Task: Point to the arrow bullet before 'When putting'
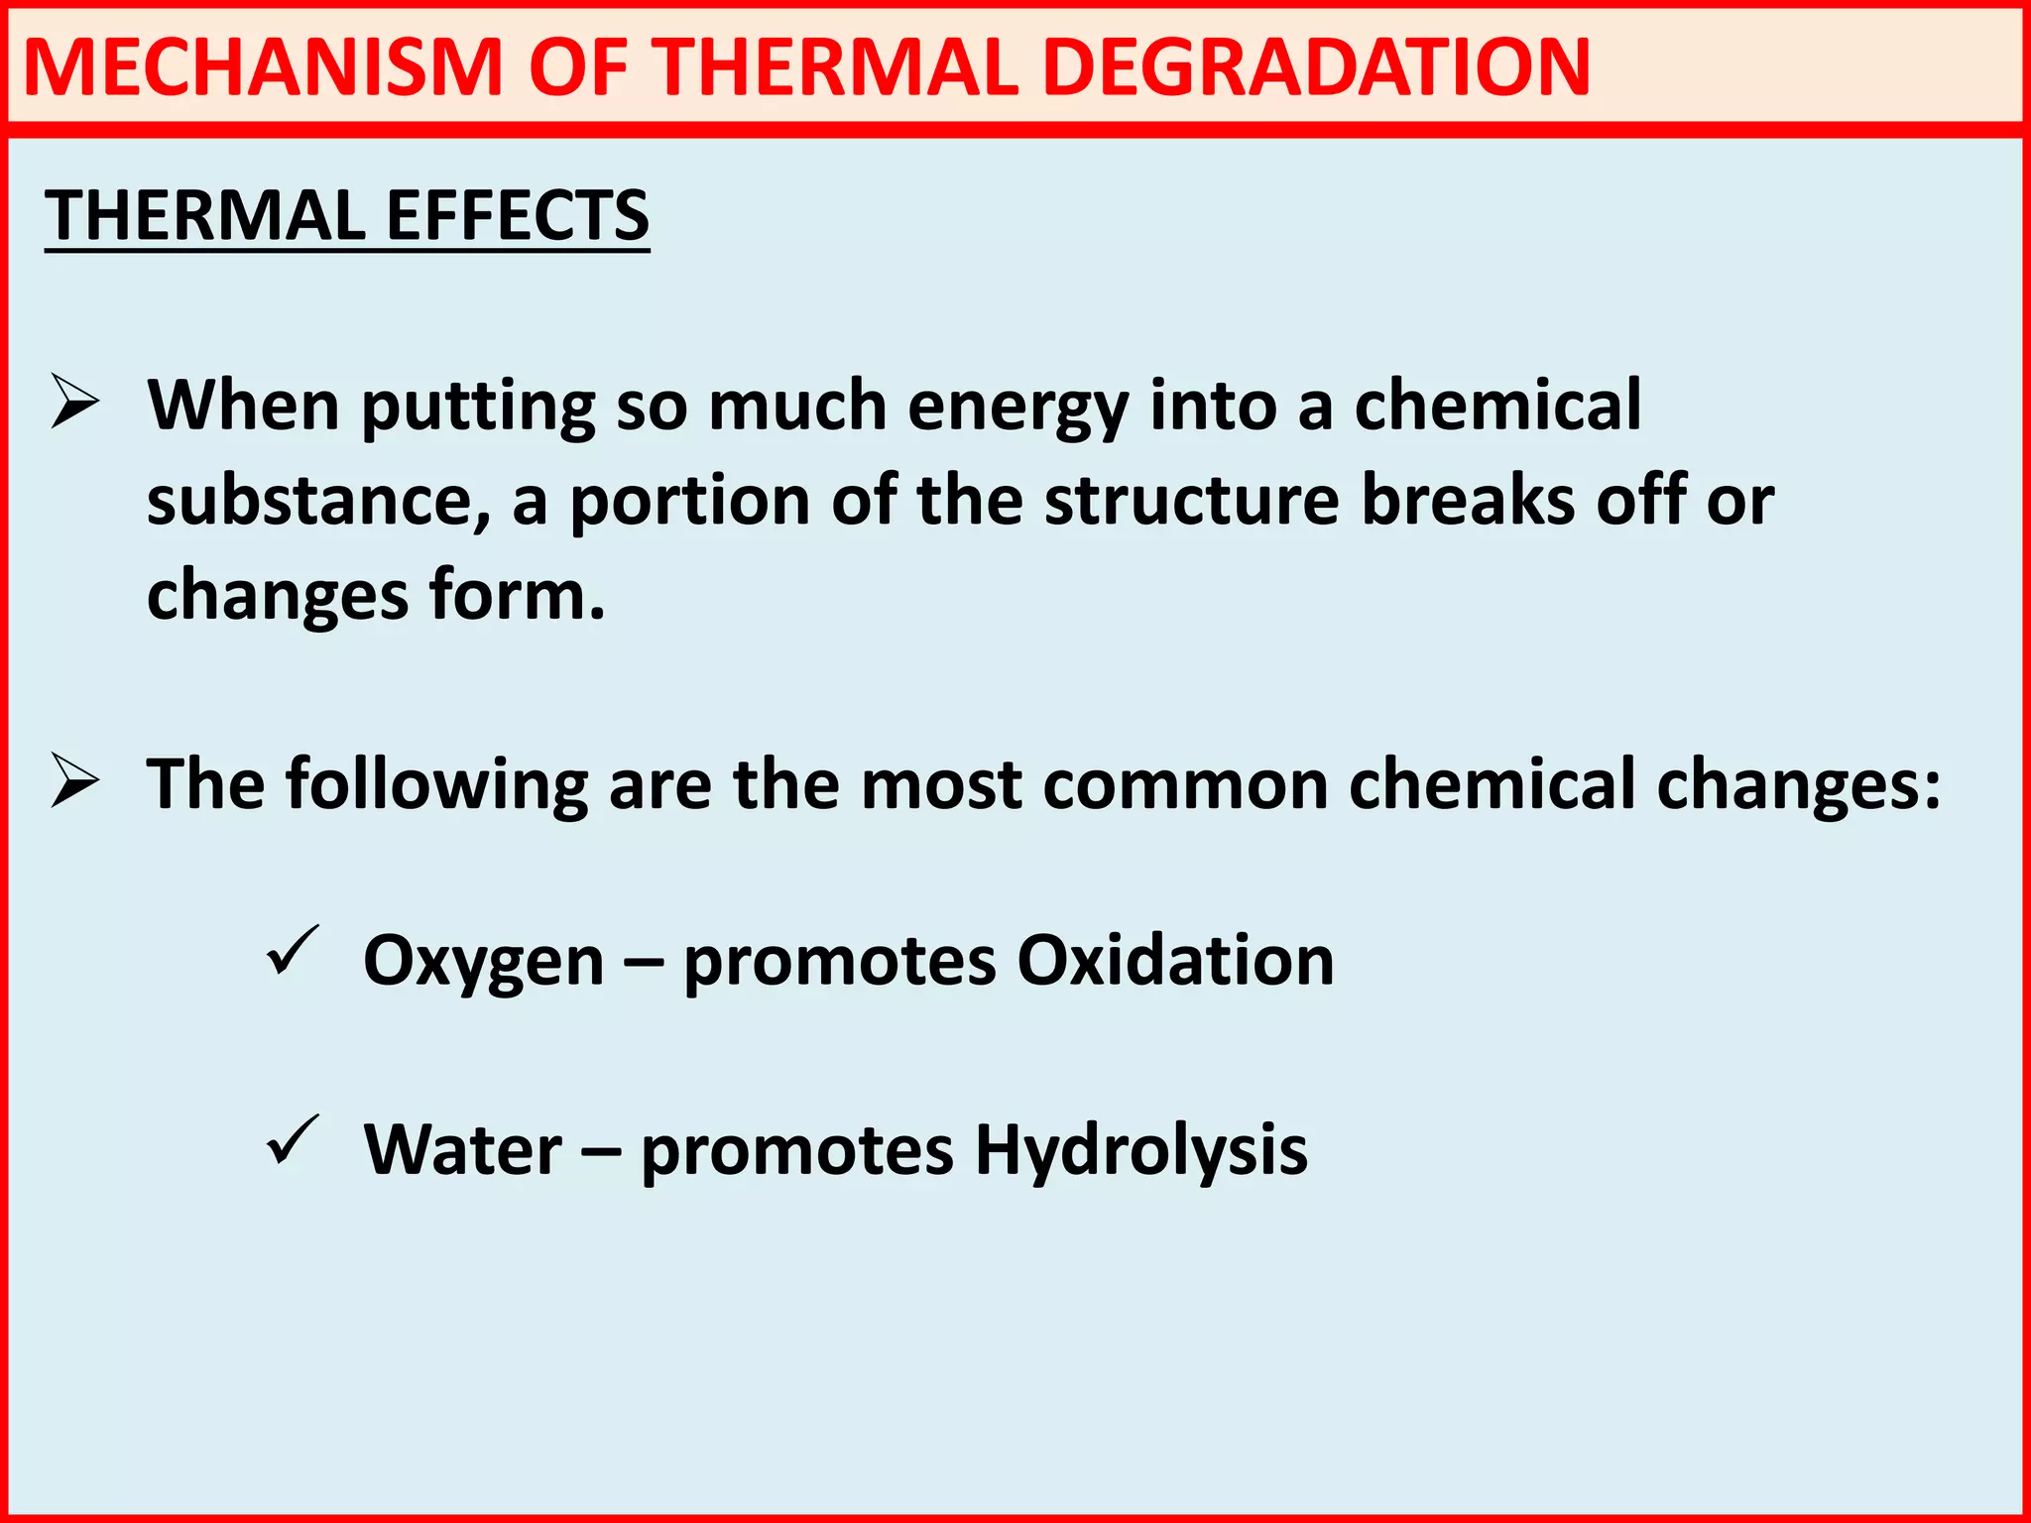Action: (75, 403)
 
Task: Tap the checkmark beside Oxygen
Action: (293, 952)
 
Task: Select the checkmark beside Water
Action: (293, 1141)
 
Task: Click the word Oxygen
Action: (484, 962)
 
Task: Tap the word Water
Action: (463, 1149)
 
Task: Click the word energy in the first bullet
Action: (1017, 407)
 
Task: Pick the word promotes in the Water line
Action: (797, 1151)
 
